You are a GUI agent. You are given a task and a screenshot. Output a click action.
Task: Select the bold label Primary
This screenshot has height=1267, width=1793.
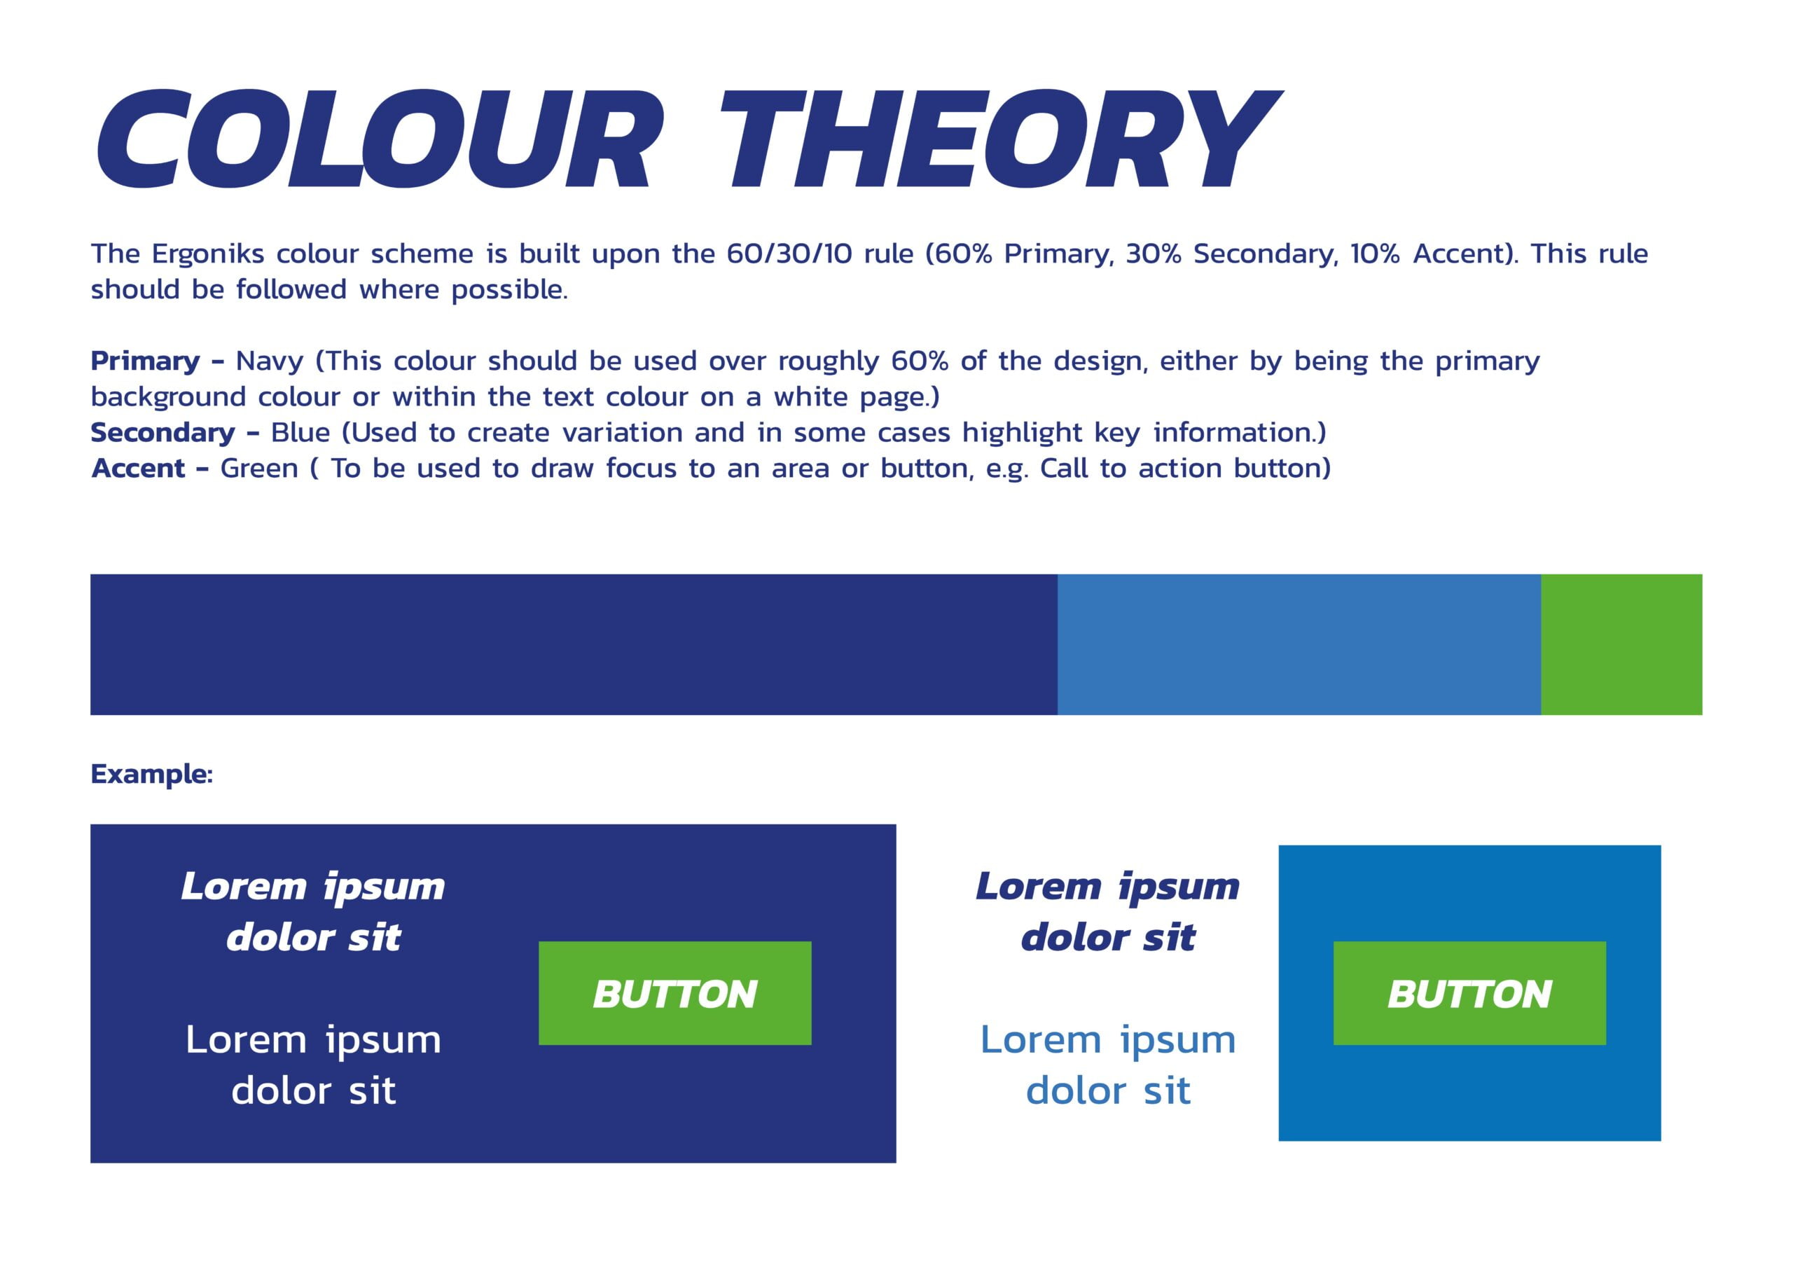(x=145, y=361)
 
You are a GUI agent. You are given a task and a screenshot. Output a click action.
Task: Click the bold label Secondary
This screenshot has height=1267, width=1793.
(x=162, y=433)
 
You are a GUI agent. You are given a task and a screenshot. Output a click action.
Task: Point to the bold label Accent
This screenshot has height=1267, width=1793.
(x=138, y=469)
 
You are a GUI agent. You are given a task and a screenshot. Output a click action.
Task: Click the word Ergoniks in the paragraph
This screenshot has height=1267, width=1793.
(x=208, y=255)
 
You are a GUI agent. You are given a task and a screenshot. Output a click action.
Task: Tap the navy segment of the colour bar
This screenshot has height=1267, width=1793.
(x=574, y=644)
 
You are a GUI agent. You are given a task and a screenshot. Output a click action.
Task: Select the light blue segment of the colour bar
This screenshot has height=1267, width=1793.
(x=1299, y=644)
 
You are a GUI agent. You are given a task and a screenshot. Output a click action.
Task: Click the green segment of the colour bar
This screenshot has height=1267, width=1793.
(x=1622, y=644)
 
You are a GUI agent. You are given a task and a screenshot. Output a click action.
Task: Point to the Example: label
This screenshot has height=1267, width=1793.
(x=151, y=774)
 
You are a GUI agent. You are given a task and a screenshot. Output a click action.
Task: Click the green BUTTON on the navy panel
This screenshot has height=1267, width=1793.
(x=674, y=993)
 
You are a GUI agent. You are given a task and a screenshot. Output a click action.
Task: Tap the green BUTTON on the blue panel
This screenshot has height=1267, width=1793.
(x=1469, y=993)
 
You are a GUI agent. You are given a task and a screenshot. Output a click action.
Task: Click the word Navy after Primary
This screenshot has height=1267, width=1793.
(x=270, y=362)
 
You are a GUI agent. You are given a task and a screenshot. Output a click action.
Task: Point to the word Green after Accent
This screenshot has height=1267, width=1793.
(x=259, y=469)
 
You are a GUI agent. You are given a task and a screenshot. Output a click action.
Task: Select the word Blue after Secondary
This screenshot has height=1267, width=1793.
(x=300, y=433)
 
